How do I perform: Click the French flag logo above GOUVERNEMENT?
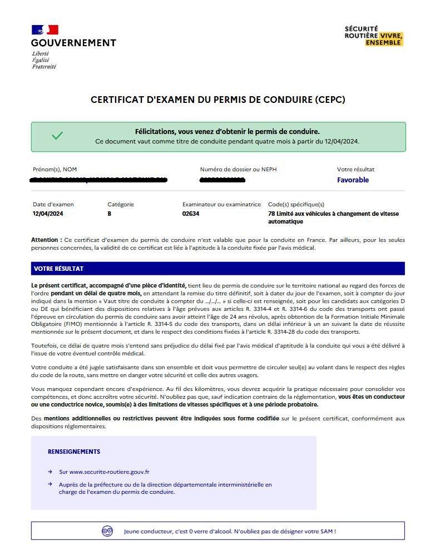[45, 30]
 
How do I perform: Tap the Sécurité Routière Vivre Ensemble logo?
[373, 35]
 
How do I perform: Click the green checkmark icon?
[57, 136]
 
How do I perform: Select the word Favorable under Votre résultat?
[353, 180]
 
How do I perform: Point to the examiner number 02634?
[191, 214]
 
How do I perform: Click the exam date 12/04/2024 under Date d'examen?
[48, 214]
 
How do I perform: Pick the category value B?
[110, 214]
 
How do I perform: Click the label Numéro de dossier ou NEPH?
[238, 169]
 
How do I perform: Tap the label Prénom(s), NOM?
[55, 169]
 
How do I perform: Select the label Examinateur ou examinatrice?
[221, 204]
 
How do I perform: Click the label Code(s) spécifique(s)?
[296, 204]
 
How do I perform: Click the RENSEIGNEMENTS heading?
[74, 452]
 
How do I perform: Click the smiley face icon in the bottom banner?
[107, 531]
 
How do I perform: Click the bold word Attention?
[46, 240]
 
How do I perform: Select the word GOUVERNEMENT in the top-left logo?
[73, 43]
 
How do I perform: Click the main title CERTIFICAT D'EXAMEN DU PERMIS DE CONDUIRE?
[218, 100]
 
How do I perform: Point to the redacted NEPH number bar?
[222, 180]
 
